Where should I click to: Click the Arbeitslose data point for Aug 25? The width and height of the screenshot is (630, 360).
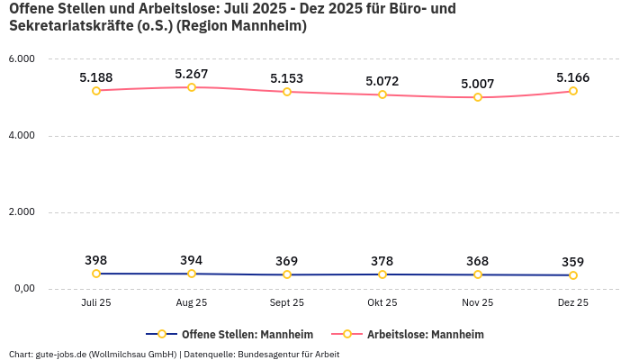coord(192,87)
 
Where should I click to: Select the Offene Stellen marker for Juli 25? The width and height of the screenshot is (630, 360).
coord(96,274)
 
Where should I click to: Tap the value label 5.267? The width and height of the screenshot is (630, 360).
coord(192,74)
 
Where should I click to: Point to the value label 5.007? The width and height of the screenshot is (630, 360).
coord(478,84)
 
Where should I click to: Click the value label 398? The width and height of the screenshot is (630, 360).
coord(96,260)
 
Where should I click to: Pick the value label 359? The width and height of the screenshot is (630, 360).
coord(573,262)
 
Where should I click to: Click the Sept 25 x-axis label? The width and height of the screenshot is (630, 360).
coord(287,303)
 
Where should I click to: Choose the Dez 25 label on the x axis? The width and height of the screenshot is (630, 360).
coord(573,303)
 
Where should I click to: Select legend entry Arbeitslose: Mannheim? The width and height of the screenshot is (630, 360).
coord(425,334)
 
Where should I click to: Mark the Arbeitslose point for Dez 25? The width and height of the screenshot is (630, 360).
coord(573,91)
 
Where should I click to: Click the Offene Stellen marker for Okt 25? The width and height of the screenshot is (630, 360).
coord(382,274)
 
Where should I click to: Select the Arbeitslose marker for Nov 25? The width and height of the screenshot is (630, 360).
coord(478,97)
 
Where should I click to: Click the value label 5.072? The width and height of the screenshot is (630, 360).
coord(382,81)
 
